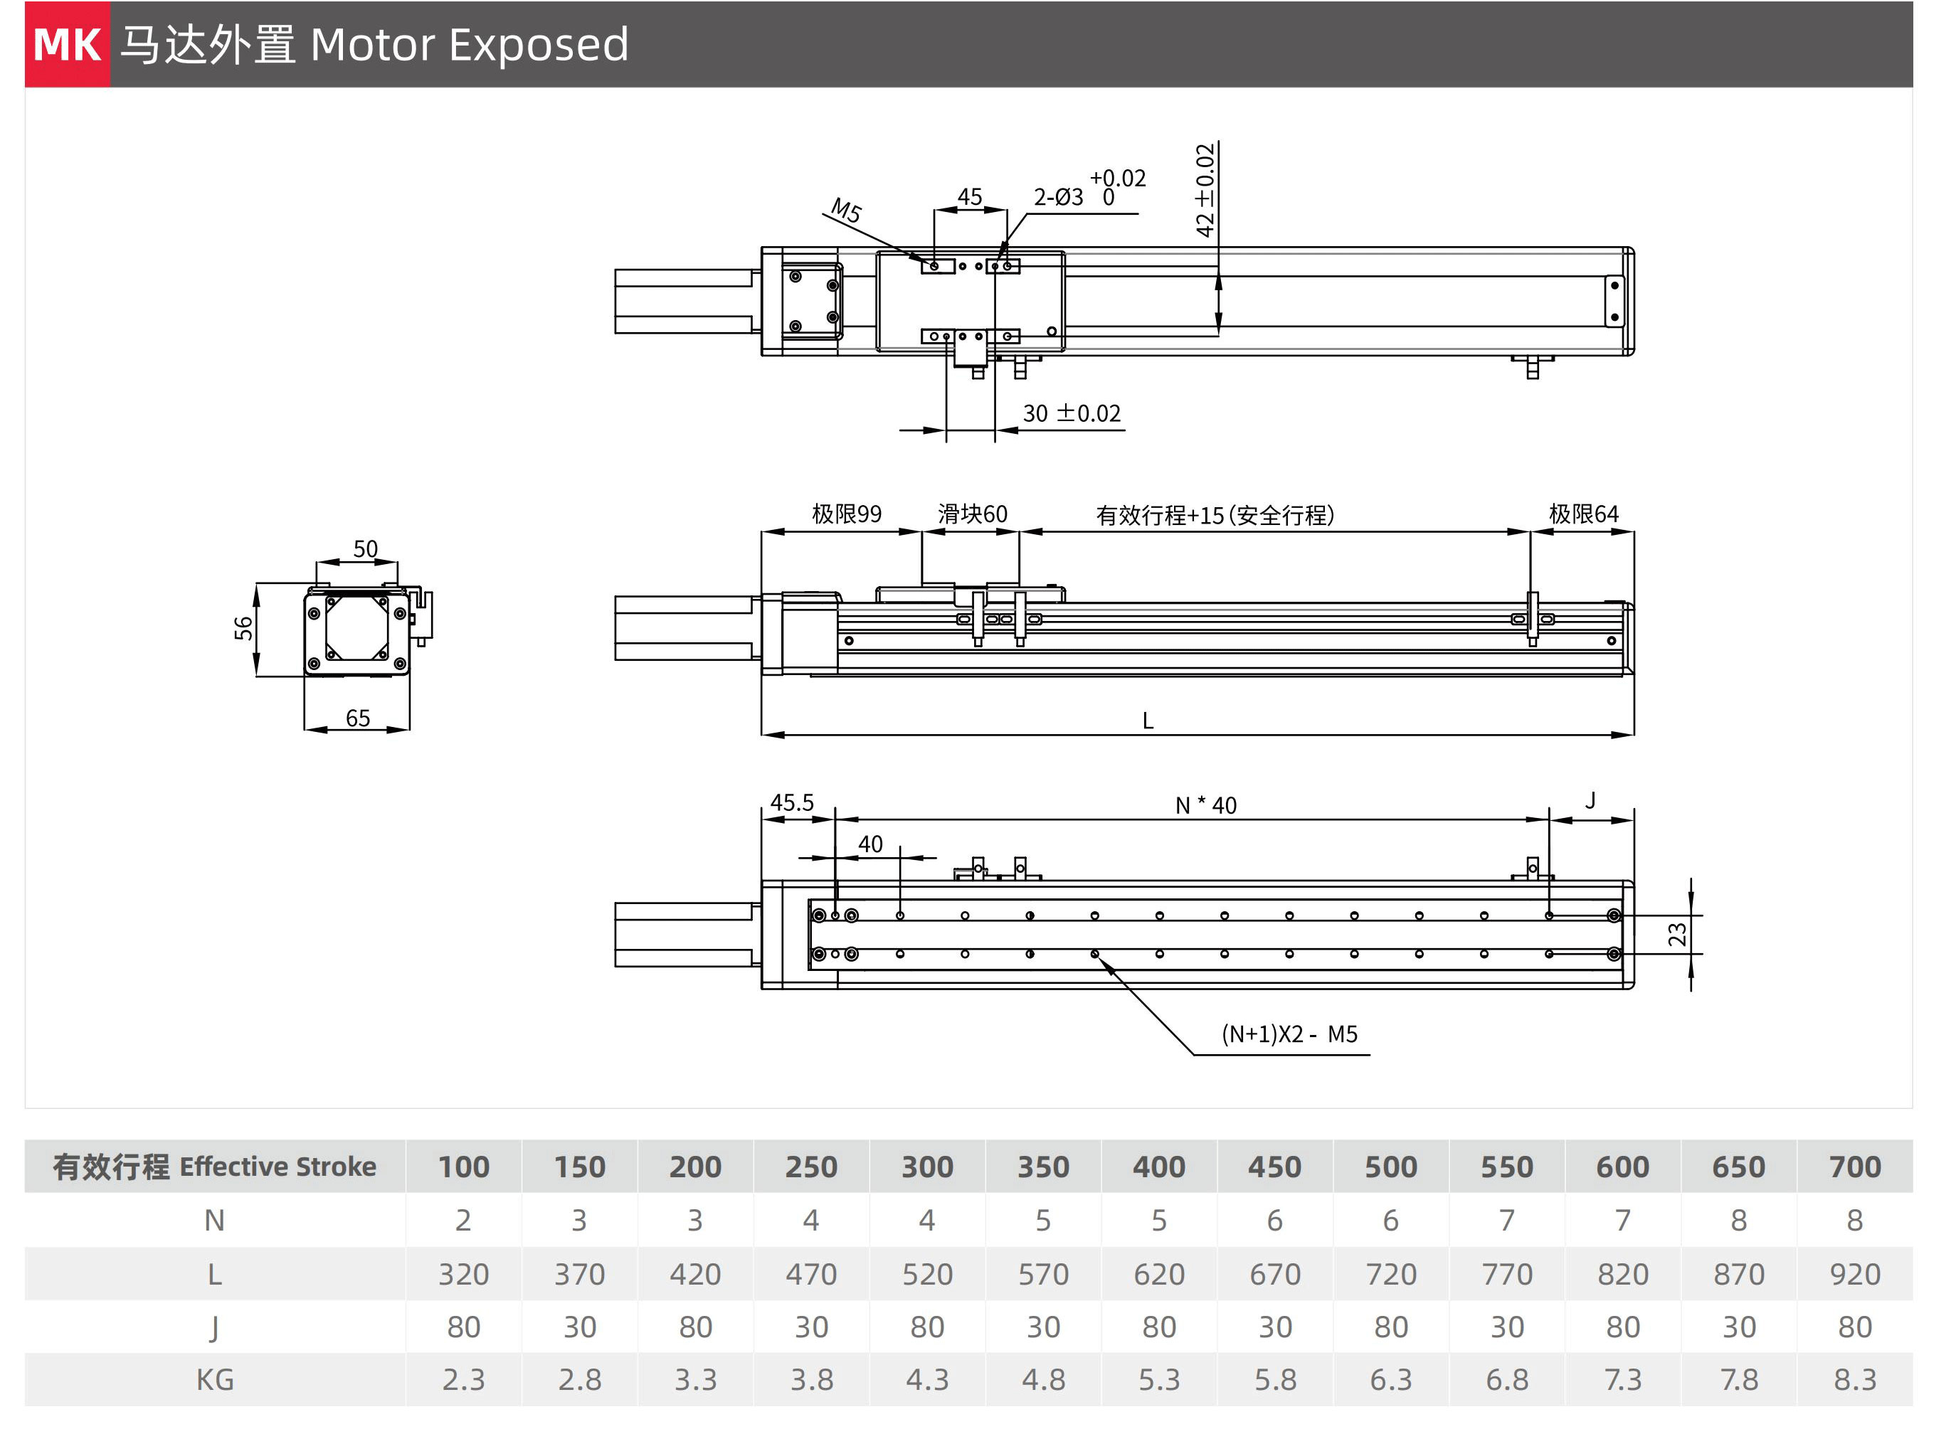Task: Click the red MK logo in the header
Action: pyautogui.click(x=67, y=44)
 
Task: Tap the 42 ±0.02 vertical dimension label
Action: pyautogui.click(x=1205, y=191)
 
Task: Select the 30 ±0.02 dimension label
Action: pyautogui.click(x=1071, y=414)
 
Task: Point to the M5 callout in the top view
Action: pyautogui.click(x=845, y=210)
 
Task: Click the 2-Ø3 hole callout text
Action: pyautogui.click(x=1058, y=198)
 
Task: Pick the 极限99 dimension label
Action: pyautogui.click(x=846, y=514)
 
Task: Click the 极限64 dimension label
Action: pyautogui.click(x=1583, y=514)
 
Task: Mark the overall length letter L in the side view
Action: pyautogui.click(x=1148, y=721)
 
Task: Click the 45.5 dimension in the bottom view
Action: pyautogui.click(x=791, y=802)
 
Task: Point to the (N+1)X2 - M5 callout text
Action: pyautogui.click(x=1289, y=1034)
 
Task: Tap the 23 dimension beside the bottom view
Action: pyautogui.click(x=1676, y=935)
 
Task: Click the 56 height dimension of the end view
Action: pyautogui.click(x=243, y=628)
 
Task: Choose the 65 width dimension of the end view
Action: pyautogui.click(x=357, y=718)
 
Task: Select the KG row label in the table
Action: pyautogui.click(x=214, y=1380)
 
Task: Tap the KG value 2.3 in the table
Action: pyautogui.click(x=462, y=1380)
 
